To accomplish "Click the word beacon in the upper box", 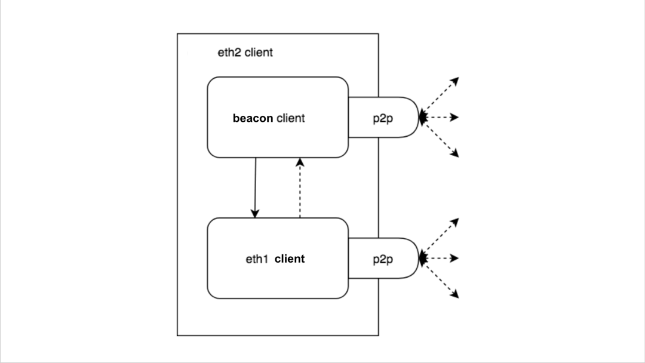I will tap(253, 118).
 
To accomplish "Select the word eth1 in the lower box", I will tap(258, 259).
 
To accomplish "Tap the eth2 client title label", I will tap(245, 53).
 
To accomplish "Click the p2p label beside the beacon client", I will tap(383, 118).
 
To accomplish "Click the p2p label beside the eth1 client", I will tap(383, 259).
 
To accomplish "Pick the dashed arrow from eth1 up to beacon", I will tap(300, 187).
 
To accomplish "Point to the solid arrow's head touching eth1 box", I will tap(255, 214).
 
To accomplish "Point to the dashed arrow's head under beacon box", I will tap(300, 162).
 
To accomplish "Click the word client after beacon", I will tap(290, 118).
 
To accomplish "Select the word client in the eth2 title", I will tap(259, 53).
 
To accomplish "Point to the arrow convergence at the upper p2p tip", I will tap(422, 118).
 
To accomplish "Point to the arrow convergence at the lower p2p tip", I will tap(422, 259).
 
